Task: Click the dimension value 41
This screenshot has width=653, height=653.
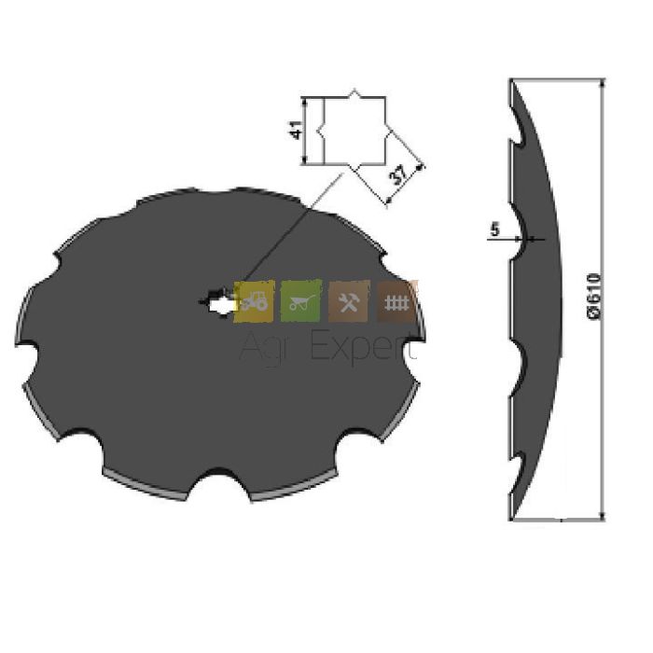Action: pos(296,130)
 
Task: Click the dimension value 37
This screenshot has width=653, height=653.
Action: pos(400,175)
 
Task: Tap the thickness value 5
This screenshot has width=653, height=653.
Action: pos(494,229)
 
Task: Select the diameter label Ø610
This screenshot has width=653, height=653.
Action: pos(594,296)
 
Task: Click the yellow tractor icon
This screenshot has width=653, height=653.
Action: pos(254,301)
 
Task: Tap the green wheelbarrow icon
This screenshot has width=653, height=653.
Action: pos(301,301)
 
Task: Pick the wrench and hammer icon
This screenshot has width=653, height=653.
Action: pos(349,301)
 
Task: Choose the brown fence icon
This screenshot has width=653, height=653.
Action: pos(396,301)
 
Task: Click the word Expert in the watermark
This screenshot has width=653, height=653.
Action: pos(363,346)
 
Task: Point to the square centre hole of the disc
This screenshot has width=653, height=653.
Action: pos(218,303)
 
